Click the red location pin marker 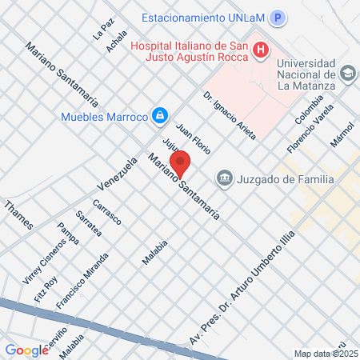pyautogui.click(x=180, y=164)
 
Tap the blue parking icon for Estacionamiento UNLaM pyautogui.click(x=278, y=18)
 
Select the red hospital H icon pyautogui.click(x=260, y=51)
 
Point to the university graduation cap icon pyautogui.click(x=347, y=74)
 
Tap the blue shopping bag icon pyautogui.click(x=160, y=116)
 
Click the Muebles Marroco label pyautogui.click(x=105, y=117)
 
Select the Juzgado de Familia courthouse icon pyautogui.click(x=224, y=178)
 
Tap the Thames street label pyautogui.click(x=19, y=215)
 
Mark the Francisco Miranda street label pyautogui.click(x=82, y=280)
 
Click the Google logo pyautogui.click(x=26, y=350)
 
